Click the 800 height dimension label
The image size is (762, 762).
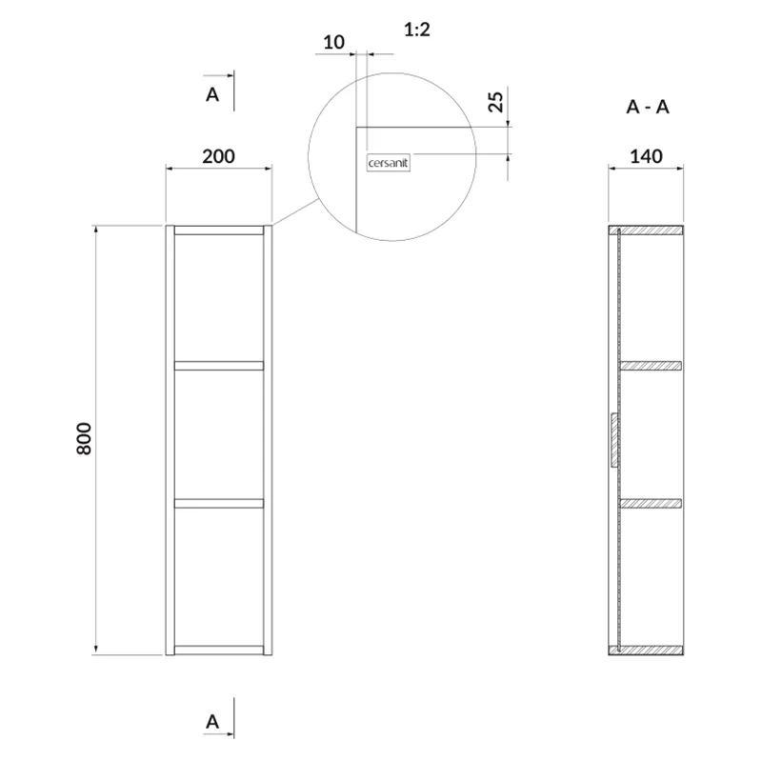coord(84,439)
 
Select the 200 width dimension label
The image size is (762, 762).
coord(219,156)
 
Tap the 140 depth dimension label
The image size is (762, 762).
coord(647,156)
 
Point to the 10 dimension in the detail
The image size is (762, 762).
coord(334,42)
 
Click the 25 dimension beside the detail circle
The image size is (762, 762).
coord(495,102)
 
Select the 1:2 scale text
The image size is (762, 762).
coord(417,30)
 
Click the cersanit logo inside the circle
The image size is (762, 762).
coord(389,163)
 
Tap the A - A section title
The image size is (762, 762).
coord(648,107)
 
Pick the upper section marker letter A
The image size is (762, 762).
coord(212,94)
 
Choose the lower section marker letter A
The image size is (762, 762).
coord(212,722)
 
